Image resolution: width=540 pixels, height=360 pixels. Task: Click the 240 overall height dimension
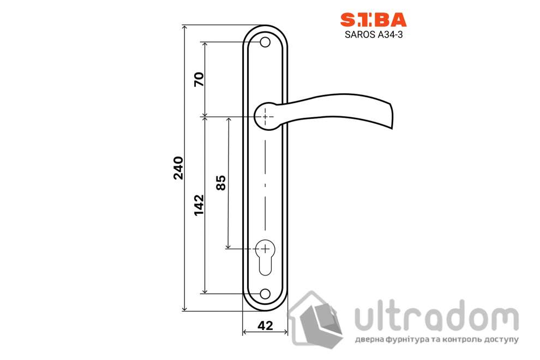[x=178, y=168]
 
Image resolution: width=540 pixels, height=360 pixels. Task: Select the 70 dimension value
[x=199, y=80]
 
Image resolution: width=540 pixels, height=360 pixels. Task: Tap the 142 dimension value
[x=199, y=205]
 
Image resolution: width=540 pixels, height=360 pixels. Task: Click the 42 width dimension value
[x=265, y=326]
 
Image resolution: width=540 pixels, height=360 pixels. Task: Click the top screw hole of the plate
[x=265, y=42]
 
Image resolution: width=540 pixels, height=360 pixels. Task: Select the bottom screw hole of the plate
[x=265, y=293]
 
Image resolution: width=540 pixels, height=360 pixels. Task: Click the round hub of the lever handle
[x=266, y=116]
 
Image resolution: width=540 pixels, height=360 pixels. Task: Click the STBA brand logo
[x=373, y=20]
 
